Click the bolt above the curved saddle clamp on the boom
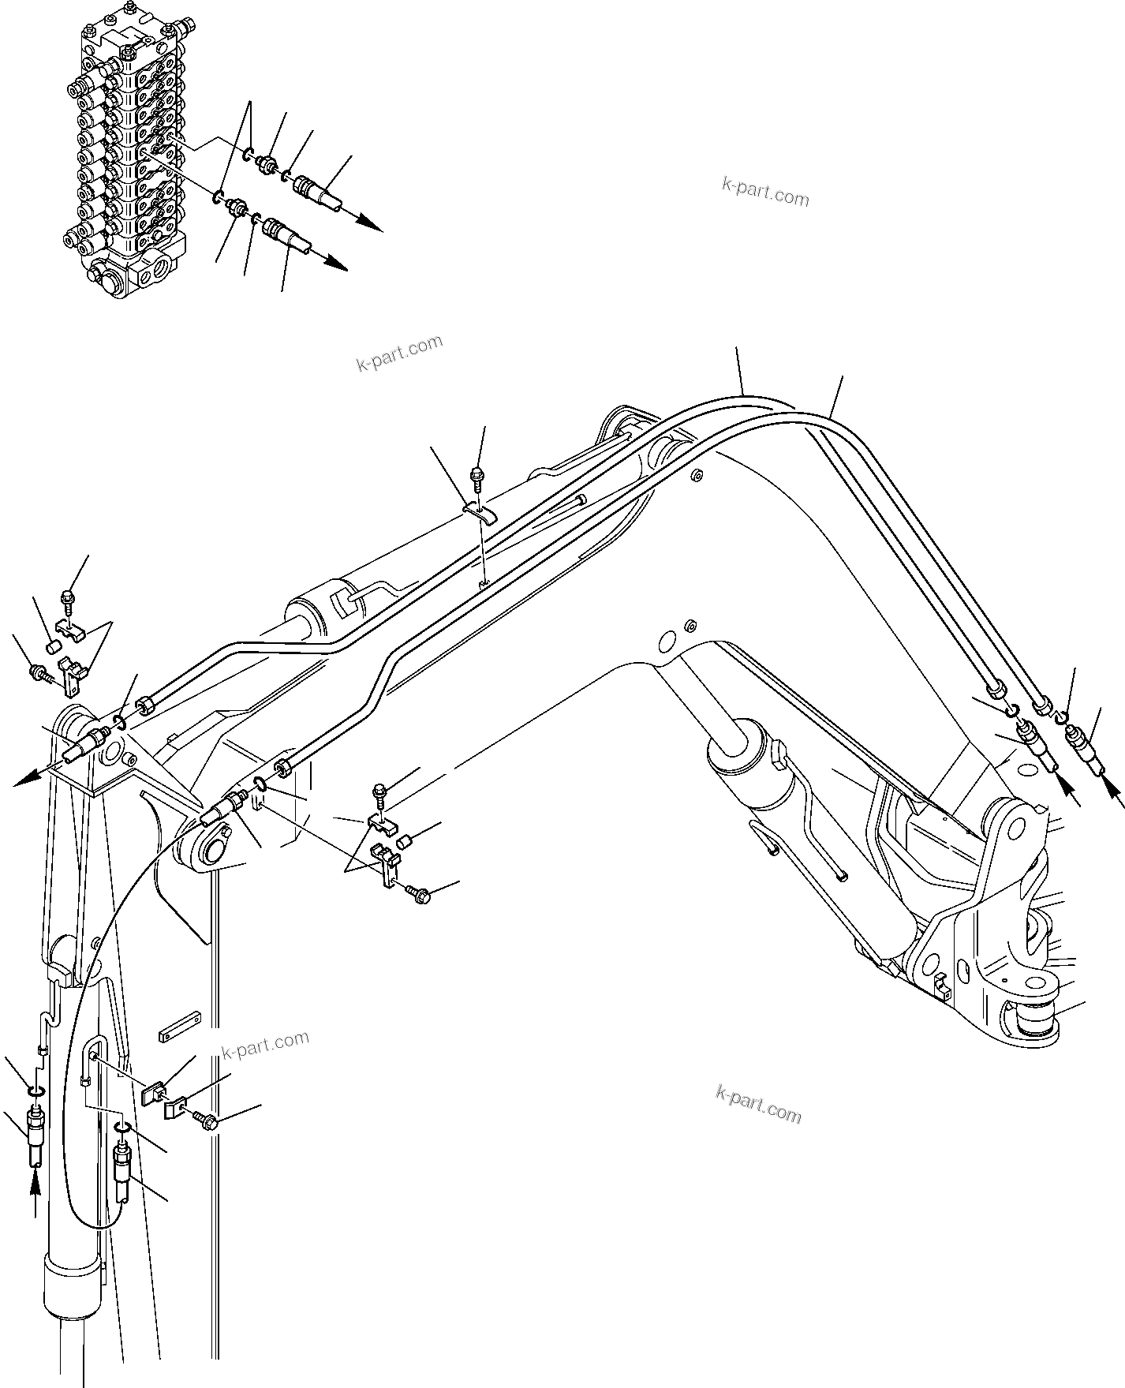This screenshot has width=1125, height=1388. pyautogui.click(x=477, y=476)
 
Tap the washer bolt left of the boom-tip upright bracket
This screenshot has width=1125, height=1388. pyautogui.click(x=38, y=672)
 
